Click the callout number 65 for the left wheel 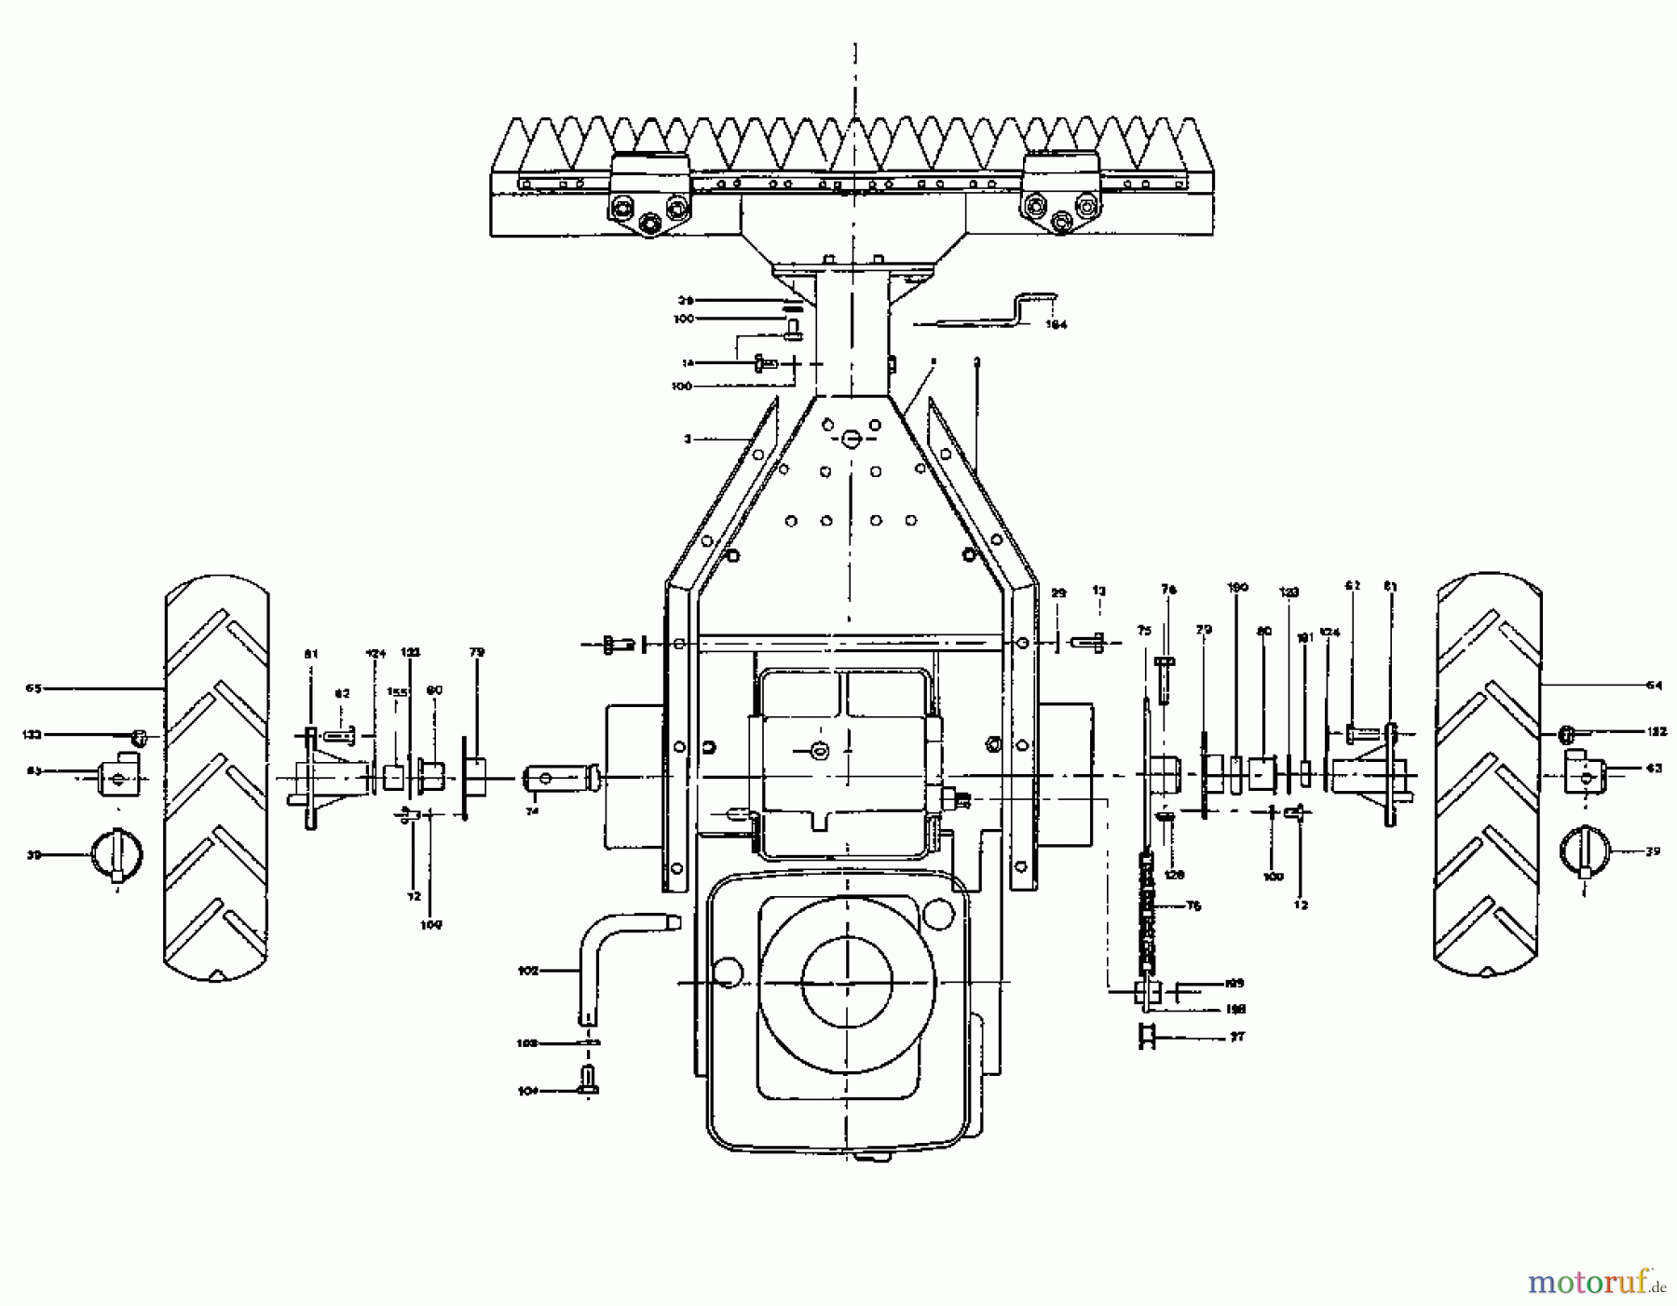pos(34,688)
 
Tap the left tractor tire pos(217,778)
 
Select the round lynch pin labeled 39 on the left pos(116,853)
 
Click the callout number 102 pos(527,971)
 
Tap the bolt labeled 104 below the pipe pos(589,1082)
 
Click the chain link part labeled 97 pos(1147,1036)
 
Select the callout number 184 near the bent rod pos(1056,325)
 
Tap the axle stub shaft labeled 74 pos(559,776)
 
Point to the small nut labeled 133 pos(139,738)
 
